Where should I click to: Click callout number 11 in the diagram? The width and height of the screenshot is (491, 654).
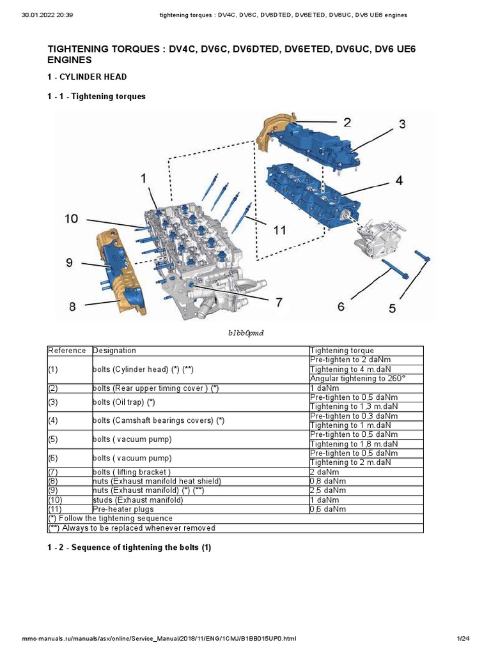pos(279,231)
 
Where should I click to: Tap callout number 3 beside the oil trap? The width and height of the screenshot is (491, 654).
pos(402,125)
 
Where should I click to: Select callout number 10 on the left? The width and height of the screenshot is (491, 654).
pos(71,219)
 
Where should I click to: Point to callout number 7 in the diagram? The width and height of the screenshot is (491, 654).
pos(279,302)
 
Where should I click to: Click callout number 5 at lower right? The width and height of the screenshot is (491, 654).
pos(392,308)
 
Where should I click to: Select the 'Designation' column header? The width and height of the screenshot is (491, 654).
pos(114,351)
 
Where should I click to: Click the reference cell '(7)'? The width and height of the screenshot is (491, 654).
pos(54,472)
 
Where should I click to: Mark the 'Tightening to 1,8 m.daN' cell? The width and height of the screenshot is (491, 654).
pos(354,444)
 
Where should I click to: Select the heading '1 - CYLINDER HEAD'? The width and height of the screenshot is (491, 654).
pos(87,77)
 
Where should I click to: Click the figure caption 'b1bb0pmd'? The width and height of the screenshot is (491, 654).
pos(245,333)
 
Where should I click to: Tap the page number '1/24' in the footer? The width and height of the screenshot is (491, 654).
pos(463,639)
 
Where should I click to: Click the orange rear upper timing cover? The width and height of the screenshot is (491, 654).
pos(272,135)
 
